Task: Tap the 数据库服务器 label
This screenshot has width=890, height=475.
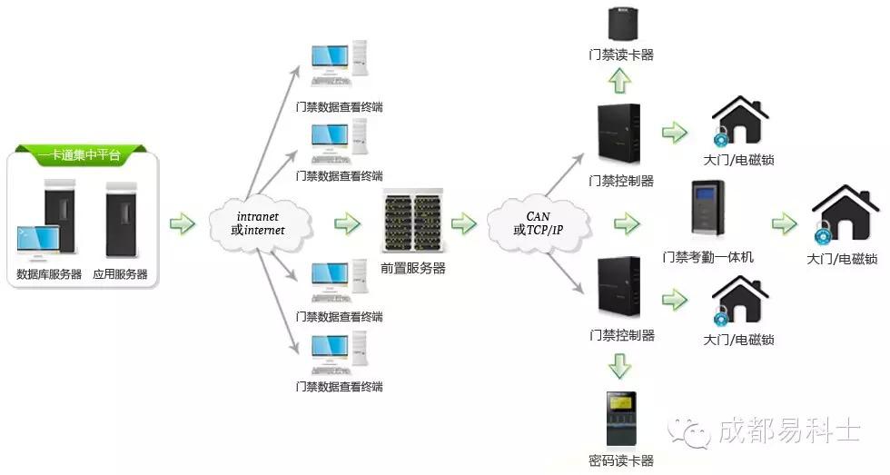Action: (x=50, y=273)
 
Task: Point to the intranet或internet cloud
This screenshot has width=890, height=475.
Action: (x=260, y=223)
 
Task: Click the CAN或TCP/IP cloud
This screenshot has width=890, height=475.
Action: (x=539, y=223)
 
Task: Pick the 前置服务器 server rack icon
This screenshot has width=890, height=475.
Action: (x=413, y=222)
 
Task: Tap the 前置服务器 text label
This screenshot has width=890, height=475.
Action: (x=413, y=268)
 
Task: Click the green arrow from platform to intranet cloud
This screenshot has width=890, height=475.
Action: (x=183, y=223)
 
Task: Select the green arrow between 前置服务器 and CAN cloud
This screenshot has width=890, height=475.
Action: (x=463, y=223)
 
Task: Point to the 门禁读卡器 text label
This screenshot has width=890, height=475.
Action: (x=621, y=54)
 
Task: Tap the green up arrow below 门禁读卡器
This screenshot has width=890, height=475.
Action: (x=621, y=82)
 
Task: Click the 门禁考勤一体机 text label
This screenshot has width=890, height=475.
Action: (x=708, y=257)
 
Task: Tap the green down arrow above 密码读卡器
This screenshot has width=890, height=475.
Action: (x=621, y=366)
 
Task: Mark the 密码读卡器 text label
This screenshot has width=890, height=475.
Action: (x=621, y=460)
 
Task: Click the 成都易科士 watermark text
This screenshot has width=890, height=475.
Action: (x=786, y=429)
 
